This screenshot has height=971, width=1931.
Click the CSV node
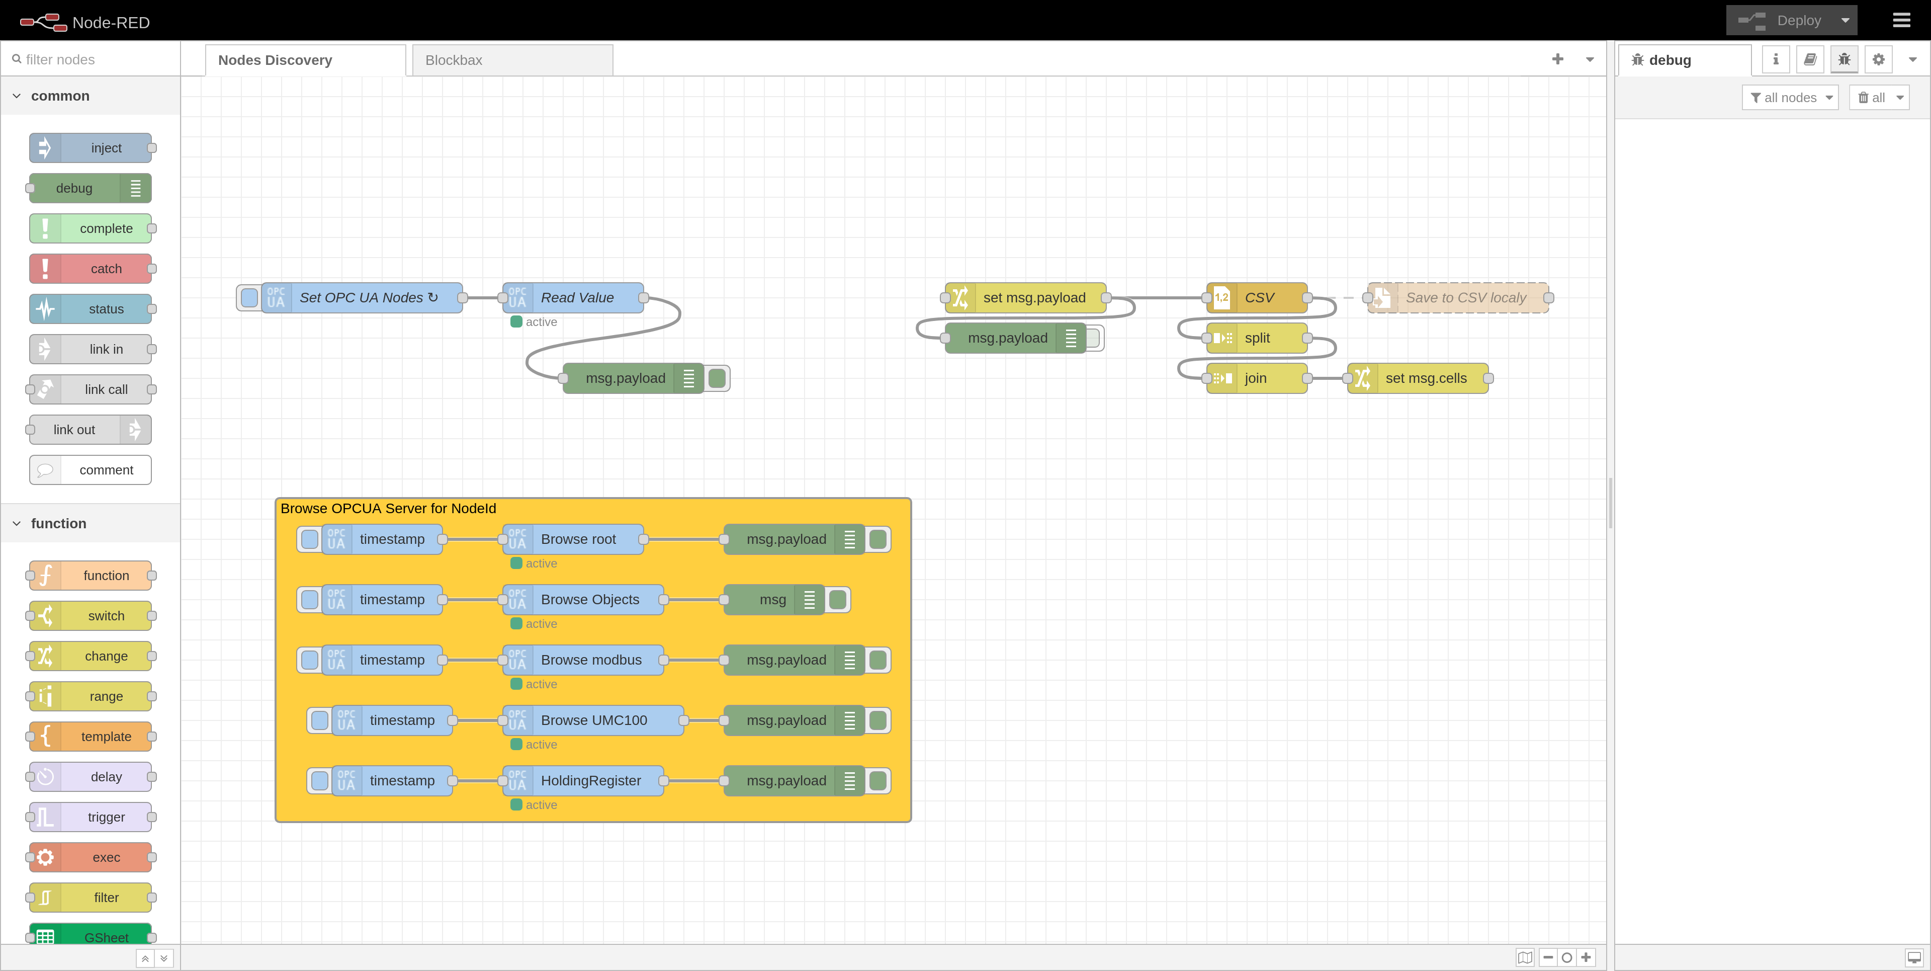pyautogui.click(x=1259, y=298)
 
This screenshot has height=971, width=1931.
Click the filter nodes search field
pyautogui.click(x=94, y=59)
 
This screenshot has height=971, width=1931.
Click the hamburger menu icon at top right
pyautogui.click(x=1901, y=20)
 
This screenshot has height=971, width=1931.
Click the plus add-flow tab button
pyautogui.click(x=1557, y=59)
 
